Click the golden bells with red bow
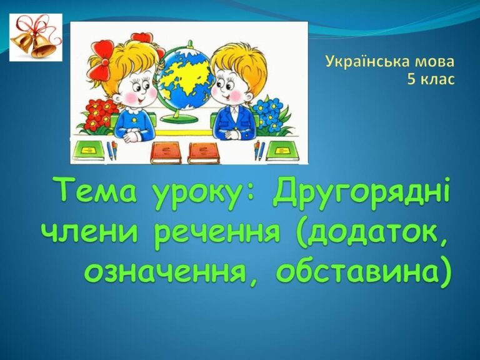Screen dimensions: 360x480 tap(36, 37)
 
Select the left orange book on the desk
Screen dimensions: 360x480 tap(166, 151)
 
